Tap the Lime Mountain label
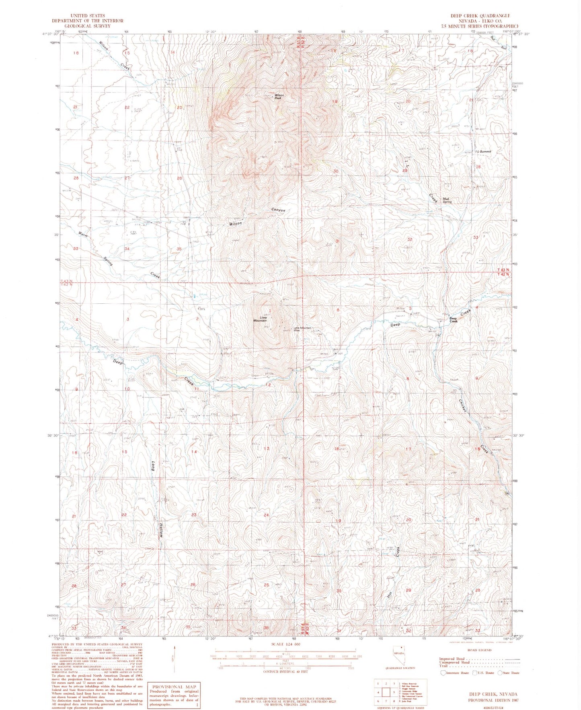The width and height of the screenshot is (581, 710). click(x=260, y=319)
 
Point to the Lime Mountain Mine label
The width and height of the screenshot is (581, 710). click(x=303, y=329)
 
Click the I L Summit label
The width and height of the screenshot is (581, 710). click(x=482, y=152)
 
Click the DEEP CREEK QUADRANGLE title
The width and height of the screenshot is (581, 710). click(x=480, y=16)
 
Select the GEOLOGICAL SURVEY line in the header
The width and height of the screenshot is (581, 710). click(x=87, y=25)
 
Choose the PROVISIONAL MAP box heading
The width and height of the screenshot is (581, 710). click(x=174, y=687)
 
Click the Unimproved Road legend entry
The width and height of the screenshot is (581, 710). click(x=454, y=662)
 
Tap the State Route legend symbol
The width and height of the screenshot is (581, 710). click(x=500, y=673)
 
